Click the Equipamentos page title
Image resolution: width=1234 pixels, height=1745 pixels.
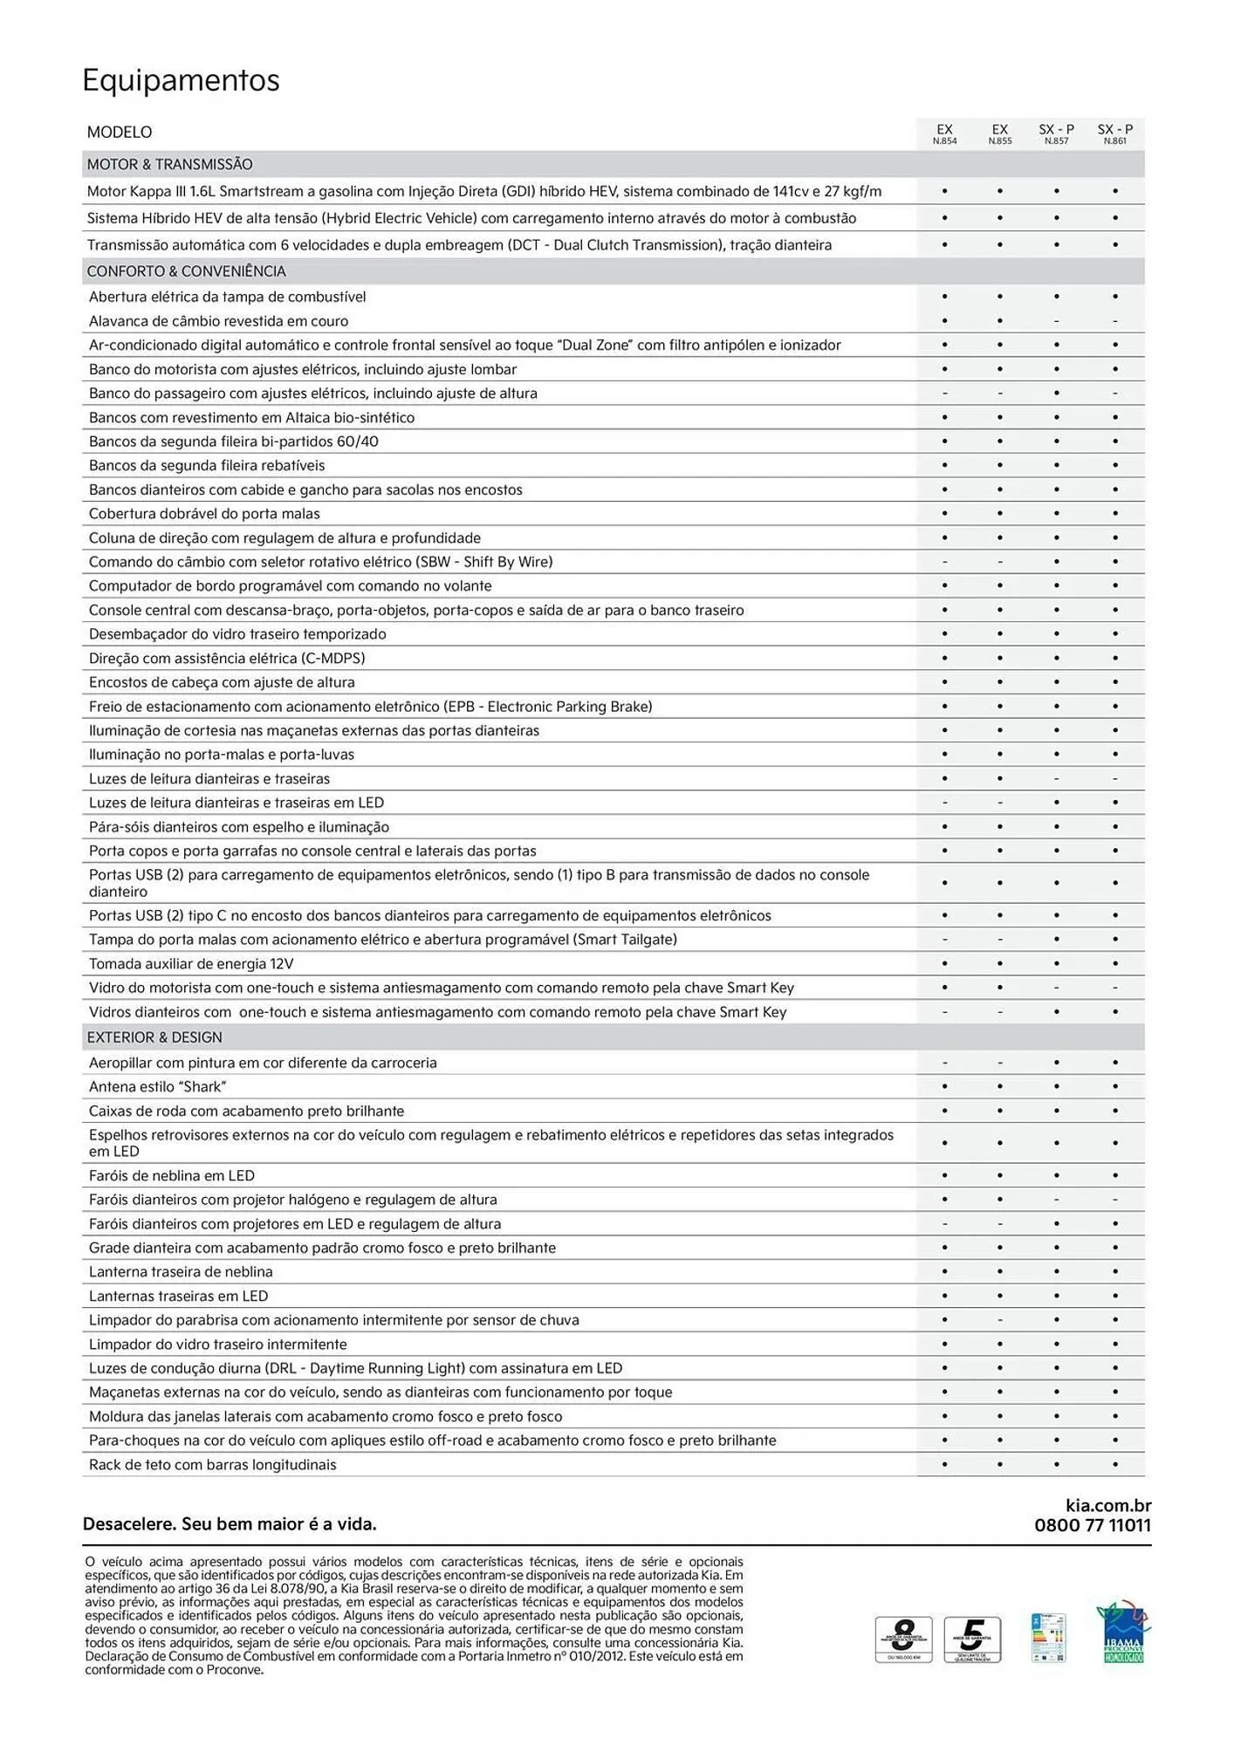point(181,80)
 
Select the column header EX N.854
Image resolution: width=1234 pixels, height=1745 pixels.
point(944,133)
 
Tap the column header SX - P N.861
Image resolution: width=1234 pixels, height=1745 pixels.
point(1114,133)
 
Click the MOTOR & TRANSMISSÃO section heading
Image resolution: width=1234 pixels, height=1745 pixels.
point(169,164)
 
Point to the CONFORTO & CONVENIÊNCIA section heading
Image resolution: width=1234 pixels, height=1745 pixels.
point(186,271)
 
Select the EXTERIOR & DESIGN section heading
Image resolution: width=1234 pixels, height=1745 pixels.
point(154,1037)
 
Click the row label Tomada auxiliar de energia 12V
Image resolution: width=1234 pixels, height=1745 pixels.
point(191,964)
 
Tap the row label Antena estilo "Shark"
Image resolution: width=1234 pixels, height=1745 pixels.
point(157,1087)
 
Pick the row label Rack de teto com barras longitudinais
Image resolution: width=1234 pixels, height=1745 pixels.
point(212,1465)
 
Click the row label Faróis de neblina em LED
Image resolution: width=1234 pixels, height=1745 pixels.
point(172,1176)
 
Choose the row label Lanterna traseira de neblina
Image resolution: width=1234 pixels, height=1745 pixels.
point(181,1272)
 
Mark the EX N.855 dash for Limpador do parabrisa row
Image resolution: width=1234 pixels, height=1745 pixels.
point(1000,1320)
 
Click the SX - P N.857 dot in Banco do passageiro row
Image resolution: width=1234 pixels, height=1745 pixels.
point(1057,393)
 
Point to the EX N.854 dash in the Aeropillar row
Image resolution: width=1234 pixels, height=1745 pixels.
point(944,1063)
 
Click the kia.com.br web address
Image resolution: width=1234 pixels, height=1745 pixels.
point(1108,1505)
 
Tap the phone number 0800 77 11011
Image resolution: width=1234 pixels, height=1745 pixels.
point(1093,1525)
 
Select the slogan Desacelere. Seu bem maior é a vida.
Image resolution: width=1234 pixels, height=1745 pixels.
point(230,1524)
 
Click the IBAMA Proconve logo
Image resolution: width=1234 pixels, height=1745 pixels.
point(1122,1632)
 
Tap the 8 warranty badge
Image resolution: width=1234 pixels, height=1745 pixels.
point(903,1639)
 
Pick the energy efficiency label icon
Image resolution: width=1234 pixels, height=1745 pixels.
point(1048,1638)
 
